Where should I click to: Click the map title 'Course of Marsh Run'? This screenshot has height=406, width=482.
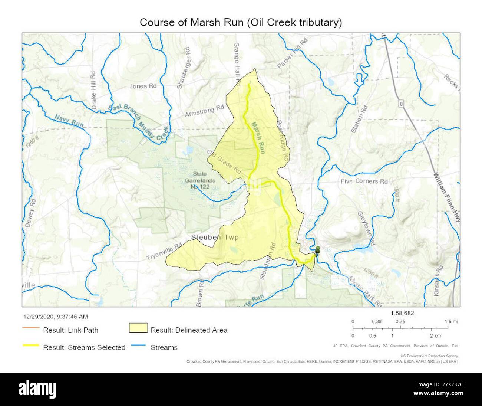tap(241, 22)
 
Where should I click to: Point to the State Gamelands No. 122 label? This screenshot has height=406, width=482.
tap(202, 180)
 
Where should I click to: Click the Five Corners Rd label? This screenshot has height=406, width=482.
tap(364, 181)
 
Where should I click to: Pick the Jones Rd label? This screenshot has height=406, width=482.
tap(143, 86)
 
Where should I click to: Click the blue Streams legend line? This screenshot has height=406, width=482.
tap(138, 347)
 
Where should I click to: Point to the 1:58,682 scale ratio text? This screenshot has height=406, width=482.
tap(402, 313)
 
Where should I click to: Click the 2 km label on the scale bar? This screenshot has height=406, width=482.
tap(435, 335)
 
